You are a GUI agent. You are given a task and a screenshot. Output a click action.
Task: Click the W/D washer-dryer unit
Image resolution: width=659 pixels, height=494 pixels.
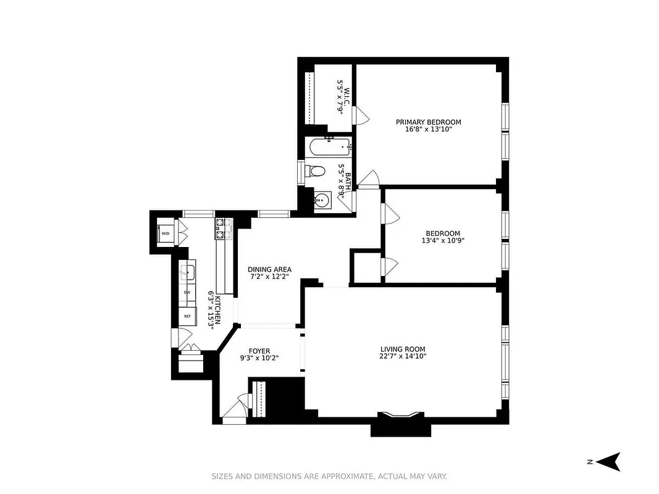165,234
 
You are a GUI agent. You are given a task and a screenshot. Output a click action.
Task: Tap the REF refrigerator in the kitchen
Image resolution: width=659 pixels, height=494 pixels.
187,316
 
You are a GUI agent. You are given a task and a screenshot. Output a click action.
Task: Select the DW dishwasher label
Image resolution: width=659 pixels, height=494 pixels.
187,292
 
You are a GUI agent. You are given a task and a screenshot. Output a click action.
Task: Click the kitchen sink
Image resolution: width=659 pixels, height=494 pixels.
187,271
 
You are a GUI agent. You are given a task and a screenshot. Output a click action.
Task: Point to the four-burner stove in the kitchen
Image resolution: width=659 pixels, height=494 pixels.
222,228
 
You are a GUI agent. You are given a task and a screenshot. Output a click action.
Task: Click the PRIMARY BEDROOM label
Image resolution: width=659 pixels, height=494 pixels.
428,122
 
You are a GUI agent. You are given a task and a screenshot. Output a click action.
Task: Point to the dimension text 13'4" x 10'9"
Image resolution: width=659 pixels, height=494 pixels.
442,241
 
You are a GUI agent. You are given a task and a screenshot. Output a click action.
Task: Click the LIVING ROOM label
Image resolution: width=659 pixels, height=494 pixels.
403,349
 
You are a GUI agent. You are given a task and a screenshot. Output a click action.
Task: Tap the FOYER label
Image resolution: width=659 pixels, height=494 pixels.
260,350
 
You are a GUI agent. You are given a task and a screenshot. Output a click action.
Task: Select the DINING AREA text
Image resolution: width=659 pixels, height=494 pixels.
269,270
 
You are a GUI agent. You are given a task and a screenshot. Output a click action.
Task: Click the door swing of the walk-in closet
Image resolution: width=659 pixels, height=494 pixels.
361,115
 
